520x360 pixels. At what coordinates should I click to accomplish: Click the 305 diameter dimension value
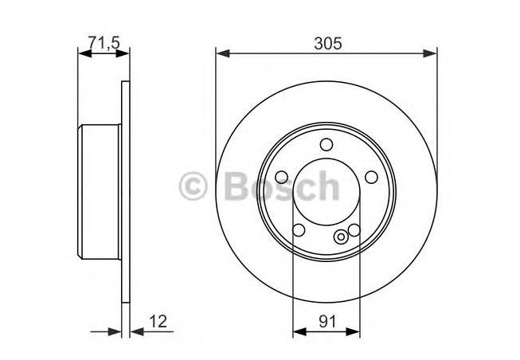click(327, 44)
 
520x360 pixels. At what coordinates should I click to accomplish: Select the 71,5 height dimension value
click(104, 43)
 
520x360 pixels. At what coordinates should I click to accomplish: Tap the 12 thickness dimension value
click(158, 321)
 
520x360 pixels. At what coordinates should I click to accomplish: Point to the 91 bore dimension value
click(327, 321)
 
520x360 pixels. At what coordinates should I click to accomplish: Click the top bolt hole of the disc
click(326, 145)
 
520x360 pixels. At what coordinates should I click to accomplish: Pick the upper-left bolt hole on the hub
click(282, 177)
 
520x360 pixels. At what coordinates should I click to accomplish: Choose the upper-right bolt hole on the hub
click(371, 177)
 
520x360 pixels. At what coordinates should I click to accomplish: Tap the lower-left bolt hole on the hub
click(299, 230)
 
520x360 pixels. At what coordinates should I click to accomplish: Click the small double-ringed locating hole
click(341, 237)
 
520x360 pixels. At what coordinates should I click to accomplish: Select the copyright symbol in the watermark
click(193, 186)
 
